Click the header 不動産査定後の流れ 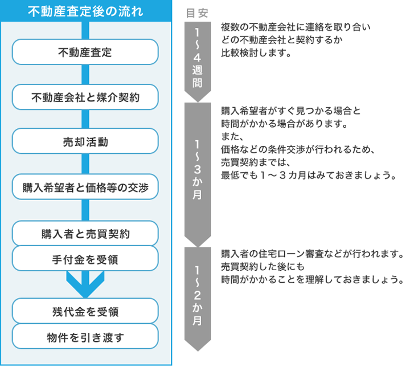point(85,12)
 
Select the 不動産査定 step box point(85,52)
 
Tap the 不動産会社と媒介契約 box point(85,97)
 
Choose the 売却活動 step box point(85,142)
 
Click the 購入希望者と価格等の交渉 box point(85,187)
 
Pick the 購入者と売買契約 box point(85,233)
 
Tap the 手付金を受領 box point(85,259)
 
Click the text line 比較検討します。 point(256,53)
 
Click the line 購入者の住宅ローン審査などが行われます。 point(313,253)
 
